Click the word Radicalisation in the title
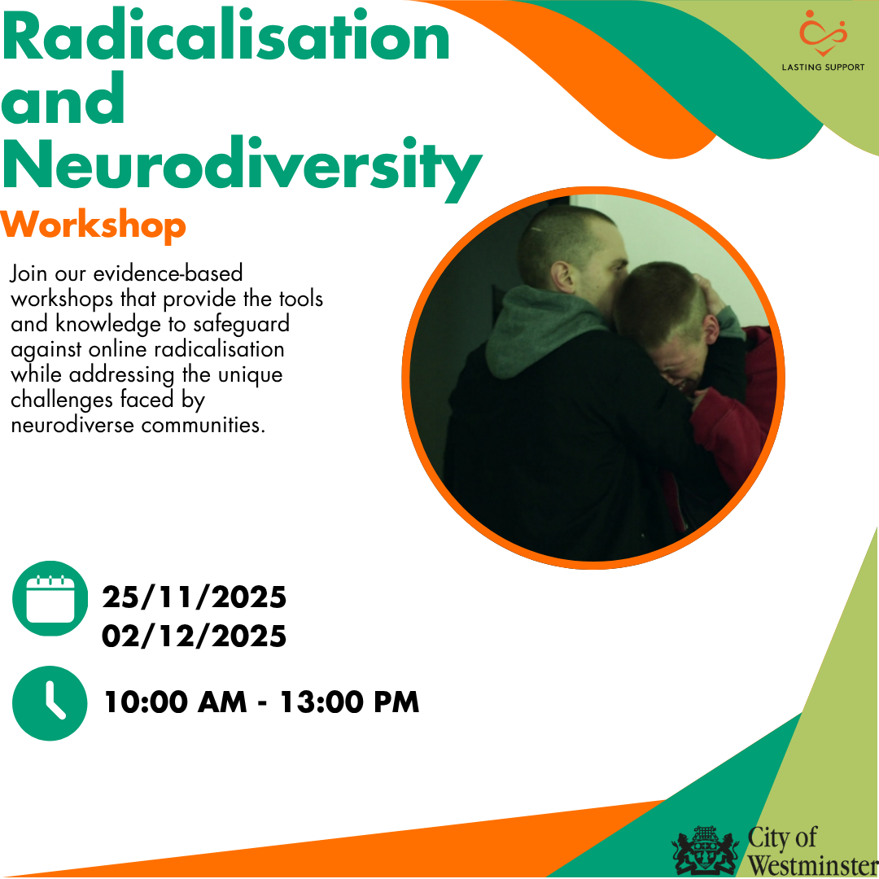click(226, 36)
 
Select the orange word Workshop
click(93, 226)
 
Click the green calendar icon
click(50, 598)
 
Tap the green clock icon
click(50, 703)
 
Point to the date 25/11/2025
click(194, 597)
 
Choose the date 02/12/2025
click(194, 636)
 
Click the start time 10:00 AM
click(176, 702)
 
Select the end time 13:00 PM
click(349, 702)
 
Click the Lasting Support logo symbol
click(822, 33)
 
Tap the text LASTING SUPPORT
click(823, 68)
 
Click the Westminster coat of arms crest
click(706, 851)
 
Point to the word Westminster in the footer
click(813, 865)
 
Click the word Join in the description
click(28, 274)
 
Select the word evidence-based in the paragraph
click(168, 273)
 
